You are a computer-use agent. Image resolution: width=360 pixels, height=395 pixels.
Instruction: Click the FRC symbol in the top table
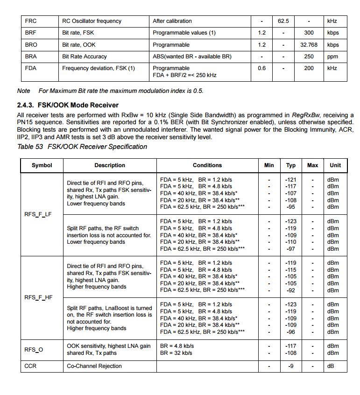click(x=31, y=21)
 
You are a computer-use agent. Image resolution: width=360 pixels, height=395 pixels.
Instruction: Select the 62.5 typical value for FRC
click(x=283, y=21)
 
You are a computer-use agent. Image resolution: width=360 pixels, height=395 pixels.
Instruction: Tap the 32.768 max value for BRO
click(x=309, y=45)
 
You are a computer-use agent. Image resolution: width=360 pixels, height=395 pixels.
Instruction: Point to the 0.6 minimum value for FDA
click(x=261, y=68)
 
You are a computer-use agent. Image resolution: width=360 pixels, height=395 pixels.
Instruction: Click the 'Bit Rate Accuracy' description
click(x=85, y=56)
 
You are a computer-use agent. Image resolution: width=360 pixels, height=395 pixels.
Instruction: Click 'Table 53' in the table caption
click(x=30, y=147)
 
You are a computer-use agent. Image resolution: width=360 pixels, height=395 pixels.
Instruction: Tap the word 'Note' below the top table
click(x=23, y=91)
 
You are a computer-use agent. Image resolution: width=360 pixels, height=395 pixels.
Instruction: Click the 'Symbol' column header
click(x=42, y=165)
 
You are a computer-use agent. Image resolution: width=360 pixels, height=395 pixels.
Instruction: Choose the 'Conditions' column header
click(x=207, y=165)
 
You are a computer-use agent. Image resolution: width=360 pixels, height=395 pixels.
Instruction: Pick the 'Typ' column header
click(x=291, y=165)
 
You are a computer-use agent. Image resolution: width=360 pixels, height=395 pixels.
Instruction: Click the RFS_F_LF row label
click(x=38, y=214)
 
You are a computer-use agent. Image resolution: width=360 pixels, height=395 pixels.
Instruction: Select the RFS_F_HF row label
click(x=38, y=297)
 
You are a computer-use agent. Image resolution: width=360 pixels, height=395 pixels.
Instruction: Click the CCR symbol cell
click(x=30, y=366)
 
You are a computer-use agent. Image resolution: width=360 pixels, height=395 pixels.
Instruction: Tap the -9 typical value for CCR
click(x=291, y=366)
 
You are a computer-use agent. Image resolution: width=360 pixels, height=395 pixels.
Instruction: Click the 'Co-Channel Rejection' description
click(x=94, y=366)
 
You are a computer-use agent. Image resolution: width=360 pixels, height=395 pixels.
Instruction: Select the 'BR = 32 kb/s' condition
click(x=176, y=353)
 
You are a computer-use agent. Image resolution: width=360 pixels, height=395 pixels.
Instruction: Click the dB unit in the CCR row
click(x=331, y=366)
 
